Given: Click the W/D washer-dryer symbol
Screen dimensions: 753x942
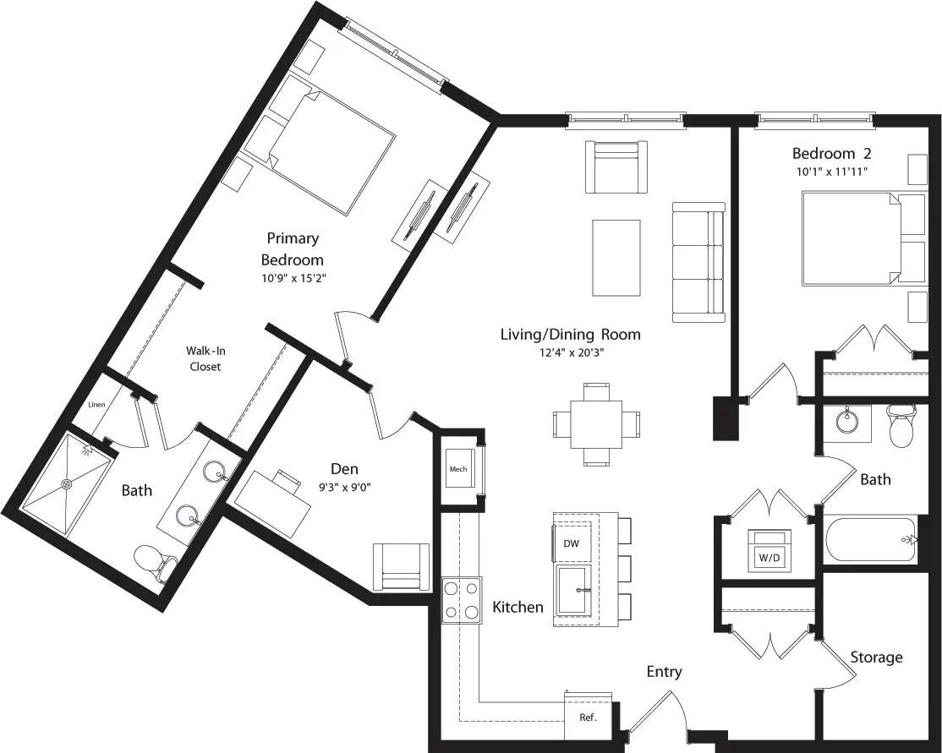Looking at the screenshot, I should (769, 550).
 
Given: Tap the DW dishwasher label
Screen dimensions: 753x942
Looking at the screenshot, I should (572, 543).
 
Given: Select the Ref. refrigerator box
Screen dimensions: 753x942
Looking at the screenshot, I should (588, 717).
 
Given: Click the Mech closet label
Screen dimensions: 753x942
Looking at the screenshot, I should (458, 469).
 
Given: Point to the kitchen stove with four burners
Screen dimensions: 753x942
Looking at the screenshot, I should (462, 599).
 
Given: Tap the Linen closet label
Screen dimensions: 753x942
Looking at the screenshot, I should (97, 405).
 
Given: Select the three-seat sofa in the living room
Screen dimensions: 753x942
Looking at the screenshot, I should (698, 262).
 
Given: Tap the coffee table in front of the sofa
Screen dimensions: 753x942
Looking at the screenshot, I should (616, 258).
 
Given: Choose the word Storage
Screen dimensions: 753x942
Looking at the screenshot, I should (876, 658).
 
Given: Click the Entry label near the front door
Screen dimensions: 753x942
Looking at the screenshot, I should (664, 672).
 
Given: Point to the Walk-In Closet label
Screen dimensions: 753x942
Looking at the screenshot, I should (204, 357).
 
